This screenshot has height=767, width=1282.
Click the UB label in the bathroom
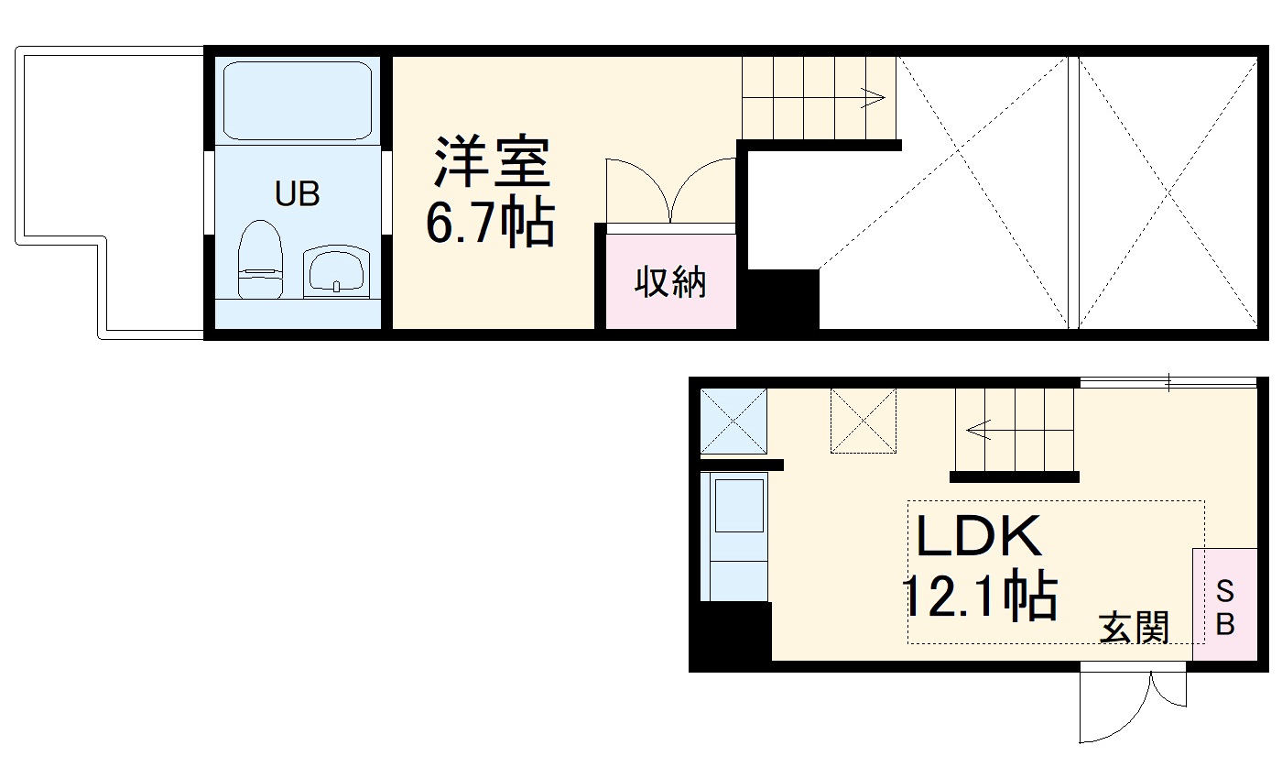(297, 194)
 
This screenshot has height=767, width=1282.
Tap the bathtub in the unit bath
(297, 101)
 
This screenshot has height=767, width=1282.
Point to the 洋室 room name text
(492, 163)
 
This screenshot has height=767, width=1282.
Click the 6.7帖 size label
(490, 223)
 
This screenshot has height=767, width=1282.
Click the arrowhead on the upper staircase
(876, 96)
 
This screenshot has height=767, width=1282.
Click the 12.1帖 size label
(981, 597)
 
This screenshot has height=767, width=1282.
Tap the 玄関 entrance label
(1135, 629)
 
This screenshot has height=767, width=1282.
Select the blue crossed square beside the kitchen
(733, 421)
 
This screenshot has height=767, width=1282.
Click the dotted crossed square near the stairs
(863, 421)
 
